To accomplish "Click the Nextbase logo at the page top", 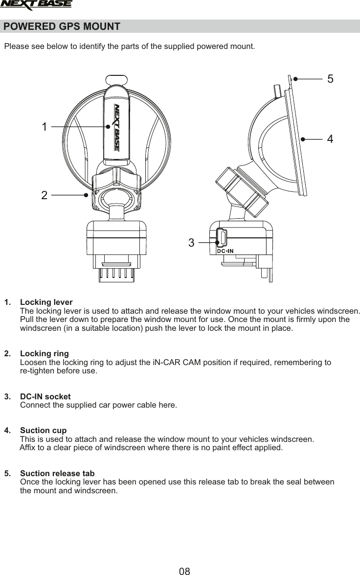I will click(x=36, y=5).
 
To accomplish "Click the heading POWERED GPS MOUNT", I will click(x=62, y=26).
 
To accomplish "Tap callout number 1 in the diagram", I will click(x=45, y=127).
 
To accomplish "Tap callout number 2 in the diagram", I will click(x=45, y=196).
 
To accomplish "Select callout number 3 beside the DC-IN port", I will click(x=191, y=242).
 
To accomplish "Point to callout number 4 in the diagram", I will click(x=330, y=139).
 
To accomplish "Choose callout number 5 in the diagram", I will click(x=330, y=79).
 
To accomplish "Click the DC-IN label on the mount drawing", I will click(x=225, y=251).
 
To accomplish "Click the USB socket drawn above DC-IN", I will click(x=222, y=238).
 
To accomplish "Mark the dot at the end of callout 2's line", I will click(x=86, y=195).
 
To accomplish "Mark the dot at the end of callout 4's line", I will click(x=303, y=139).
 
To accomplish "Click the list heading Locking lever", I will click(x=46, y=302).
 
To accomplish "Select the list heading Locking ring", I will click(x=44, y=353).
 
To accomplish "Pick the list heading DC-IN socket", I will click(x=45, y=396).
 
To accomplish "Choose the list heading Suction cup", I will click(x=43, y=431).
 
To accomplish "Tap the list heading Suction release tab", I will click(x=57, y=474).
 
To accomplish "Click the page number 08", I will click(x=184, y=571).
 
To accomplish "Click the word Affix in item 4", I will click(x=27, y=448).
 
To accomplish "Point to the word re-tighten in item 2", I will click(x=36, y=371).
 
